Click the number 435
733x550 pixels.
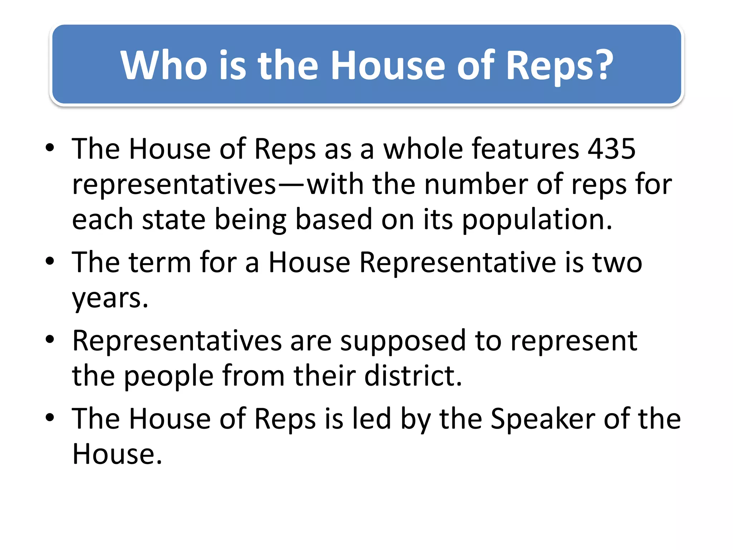(x=612, y=149)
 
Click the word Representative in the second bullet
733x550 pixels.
(x=458, y=262)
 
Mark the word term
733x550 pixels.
(x=160, y=262)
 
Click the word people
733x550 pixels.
(x=169, y=377)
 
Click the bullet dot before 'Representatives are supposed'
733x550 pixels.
(x=50, y=339)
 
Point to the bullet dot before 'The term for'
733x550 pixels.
(x=50, y=261)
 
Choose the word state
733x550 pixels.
(x=174, y=219)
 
